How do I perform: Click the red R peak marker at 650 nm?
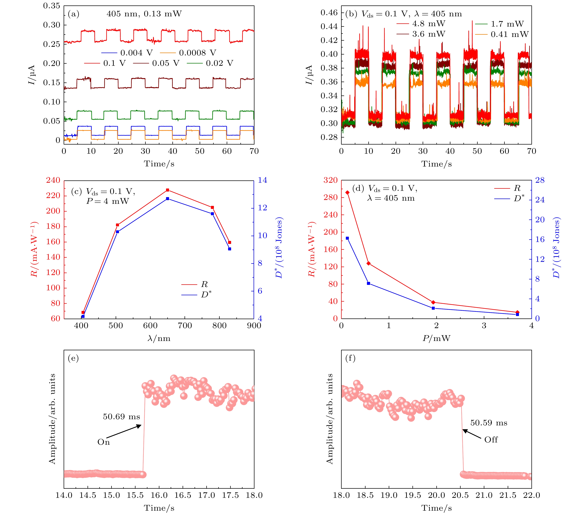pos(168,190)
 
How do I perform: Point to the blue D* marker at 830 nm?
pos(230,249)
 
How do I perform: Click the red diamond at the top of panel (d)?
pos(347,192)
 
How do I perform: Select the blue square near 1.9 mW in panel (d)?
pos(433,308)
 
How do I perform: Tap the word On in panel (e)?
pos(104,442)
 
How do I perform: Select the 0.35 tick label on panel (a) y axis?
pos(52,6)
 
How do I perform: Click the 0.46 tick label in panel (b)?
pos(329,13)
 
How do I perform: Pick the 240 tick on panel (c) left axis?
pos(53,180)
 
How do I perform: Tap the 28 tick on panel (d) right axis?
pos(540,180)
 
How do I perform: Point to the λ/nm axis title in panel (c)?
pos(159,339)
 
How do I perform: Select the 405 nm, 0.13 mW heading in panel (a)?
pos(144,14)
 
